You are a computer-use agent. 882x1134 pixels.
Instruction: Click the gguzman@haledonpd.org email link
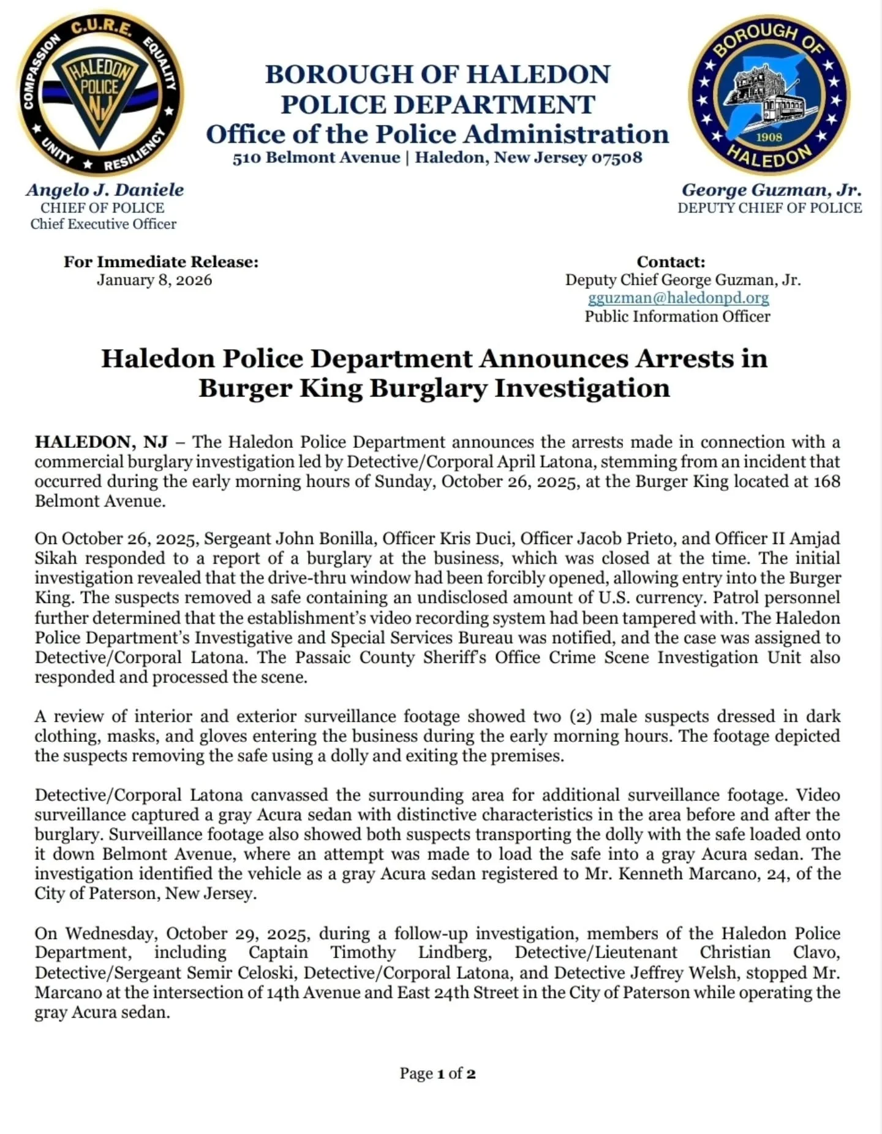[x=678, y=298]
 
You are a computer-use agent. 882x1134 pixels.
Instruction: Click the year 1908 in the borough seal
[x=769, y=137]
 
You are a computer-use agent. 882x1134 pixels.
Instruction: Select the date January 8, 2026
[x=154, y=280]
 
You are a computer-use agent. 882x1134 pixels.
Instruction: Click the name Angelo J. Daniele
[x=105, y=190]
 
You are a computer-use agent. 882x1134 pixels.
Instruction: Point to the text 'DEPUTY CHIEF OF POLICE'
[x=769, y=208]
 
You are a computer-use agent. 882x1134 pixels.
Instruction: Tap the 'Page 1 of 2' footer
[x=437, y=1073]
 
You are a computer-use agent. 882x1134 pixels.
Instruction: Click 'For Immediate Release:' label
[x=161, y=262]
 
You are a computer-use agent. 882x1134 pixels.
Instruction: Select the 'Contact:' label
[x=671, y=262]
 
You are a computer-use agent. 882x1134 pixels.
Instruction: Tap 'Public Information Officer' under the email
[x=677, y=316]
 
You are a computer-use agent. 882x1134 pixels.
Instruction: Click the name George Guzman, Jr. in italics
[x=771, y=190]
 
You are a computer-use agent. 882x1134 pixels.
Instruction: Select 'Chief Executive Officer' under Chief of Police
[x=104, y=224]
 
